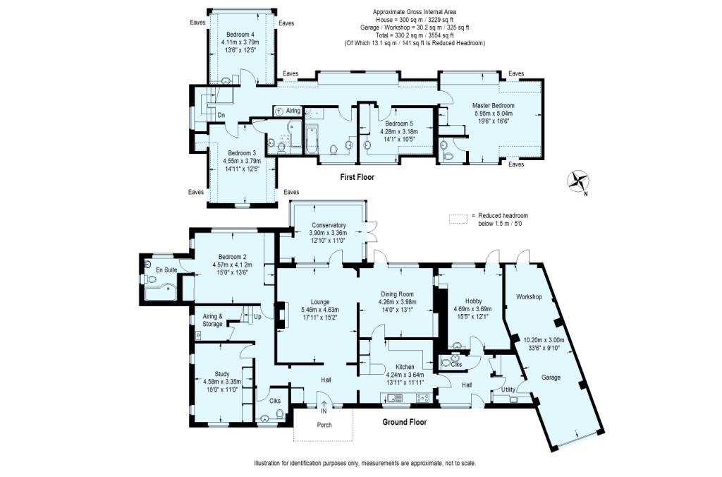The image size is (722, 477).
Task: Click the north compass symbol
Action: click(x=580, y=181)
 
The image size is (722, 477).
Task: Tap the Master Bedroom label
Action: click(x=494, y=105)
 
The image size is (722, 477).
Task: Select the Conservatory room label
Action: click(x=329, y=225)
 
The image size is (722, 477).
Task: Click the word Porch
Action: click(x=324, y=425)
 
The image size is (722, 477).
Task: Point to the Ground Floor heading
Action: click(x=405, y=422)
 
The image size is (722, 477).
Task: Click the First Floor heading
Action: click(x=357, y=177)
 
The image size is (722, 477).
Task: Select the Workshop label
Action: click(x=528, y=297)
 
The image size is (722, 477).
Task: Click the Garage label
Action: click(x=551, y=378)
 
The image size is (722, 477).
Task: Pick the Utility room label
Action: click(x=508, y=389)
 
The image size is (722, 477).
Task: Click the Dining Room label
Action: click(x=396, y=294)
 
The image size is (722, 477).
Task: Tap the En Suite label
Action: click(x=166, y=270)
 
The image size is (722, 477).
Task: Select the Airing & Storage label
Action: click(x=212, y=320)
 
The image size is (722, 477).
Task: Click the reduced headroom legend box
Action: click(x=459, y=219)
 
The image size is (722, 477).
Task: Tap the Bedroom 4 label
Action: click(x=240, y=35)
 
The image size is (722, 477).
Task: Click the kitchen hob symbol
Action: click(x=424, y=398)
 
